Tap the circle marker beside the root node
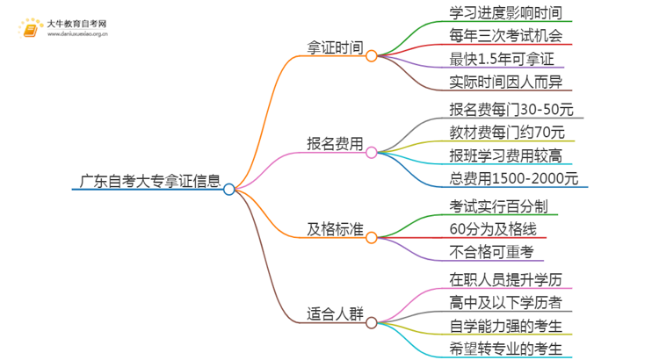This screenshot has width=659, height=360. click(229, 189)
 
